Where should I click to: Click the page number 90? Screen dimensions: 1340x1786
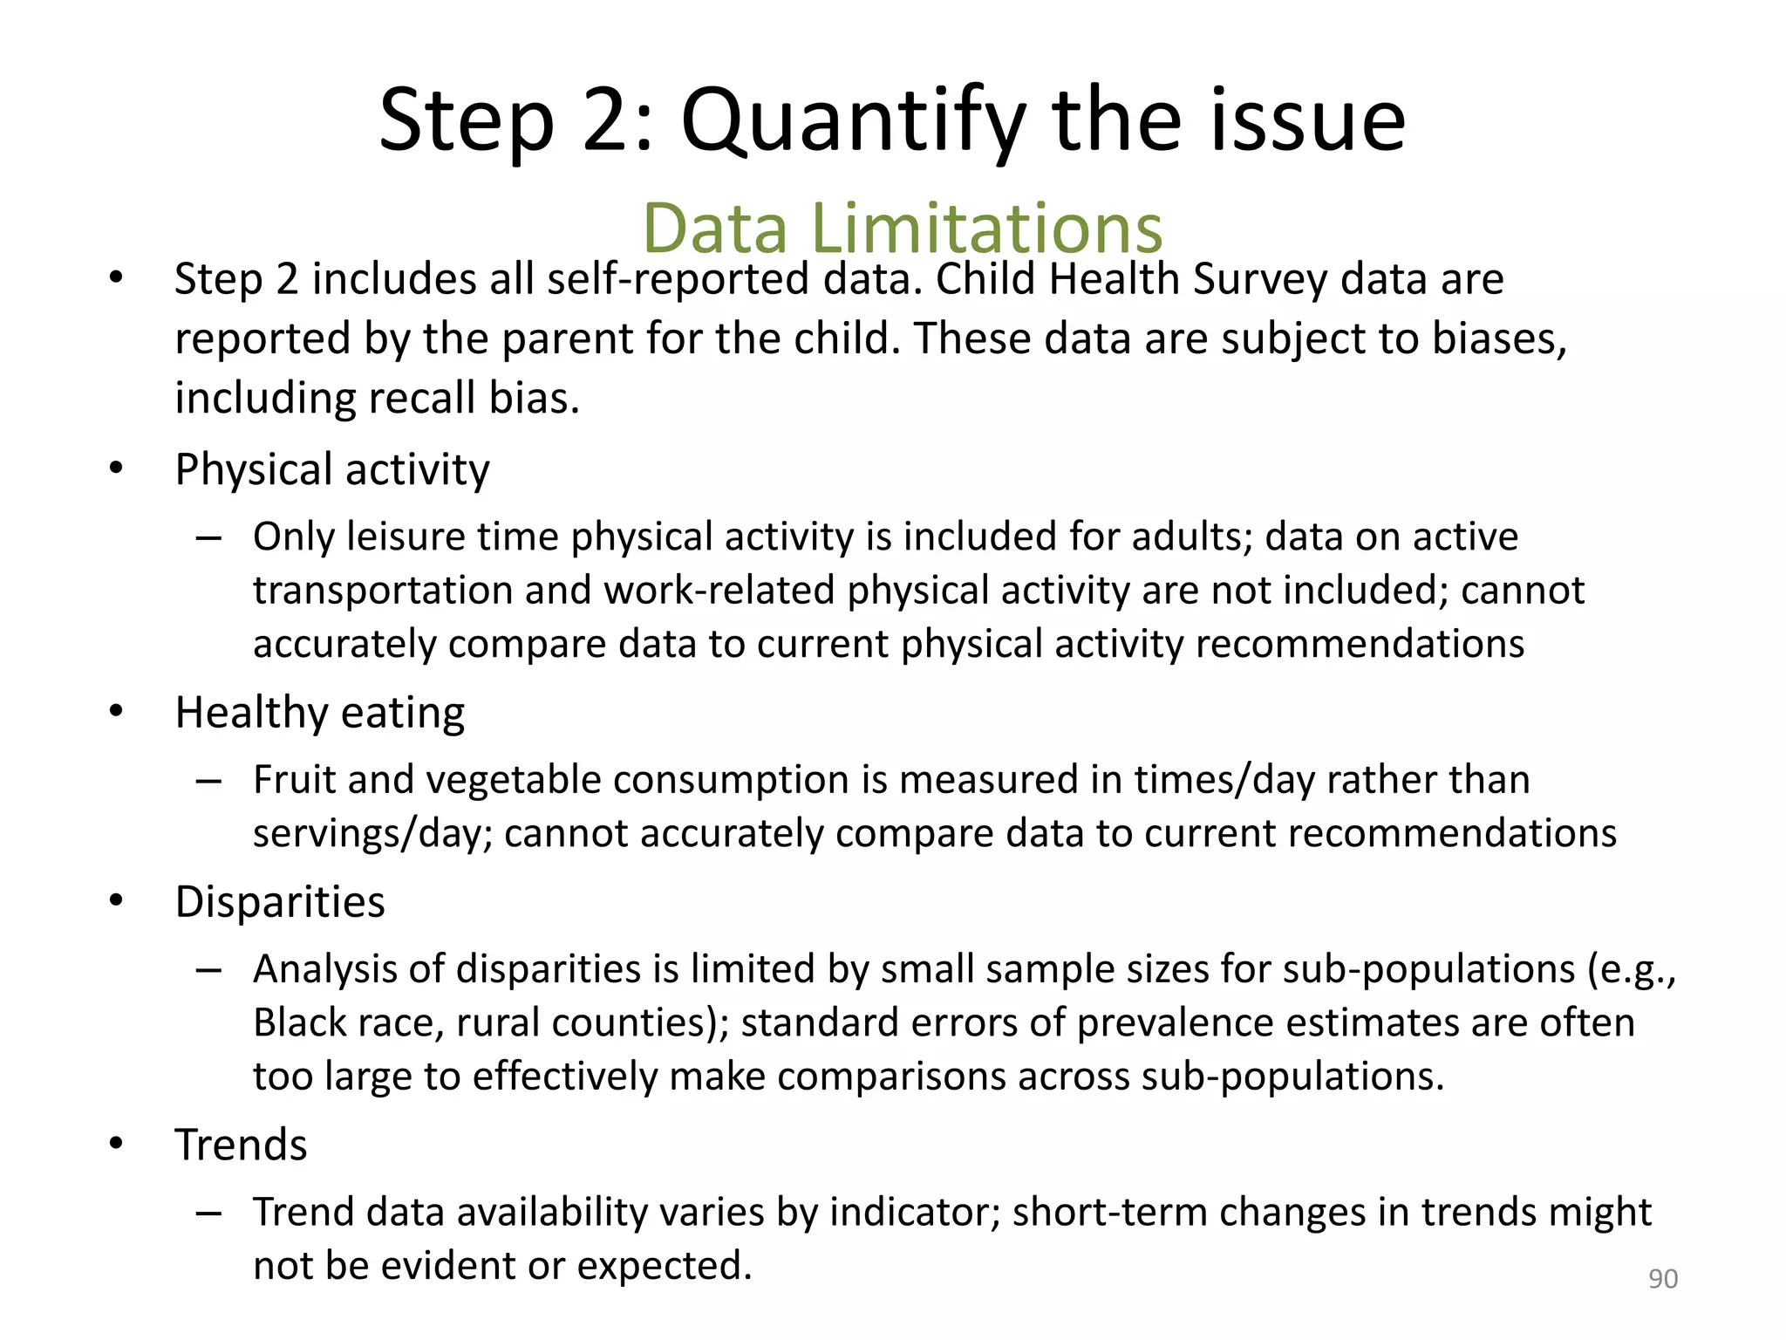[x=1662, y=1279]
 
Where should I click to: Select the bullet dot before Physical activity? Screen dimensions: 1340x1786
[x=117, y=468]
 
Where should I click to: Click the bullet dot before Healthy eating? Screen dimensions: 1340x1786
[x=117, y=712]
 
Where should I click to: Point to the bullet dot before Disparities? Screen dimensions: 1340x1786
[x=117, y=901]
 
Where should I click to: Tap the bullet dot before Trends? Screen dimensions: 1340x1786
[x=117, y=1144]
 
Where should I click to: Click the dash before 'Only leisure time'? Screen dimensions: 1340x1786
[x=208, y=537]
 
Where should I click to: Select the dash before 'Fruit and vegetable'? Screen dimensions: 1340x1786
[x=208, y=781]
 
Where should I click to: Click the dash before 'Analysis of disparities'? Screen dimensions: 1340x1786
[x=208, y=970]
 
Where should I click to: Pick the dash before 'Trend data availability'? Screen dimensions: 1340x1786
[x=208, y=1213]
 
